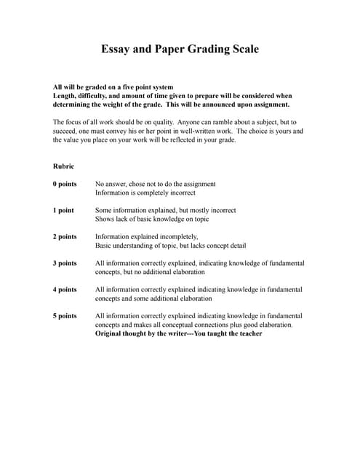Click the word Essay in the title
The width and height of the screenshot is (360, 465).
(116, 50)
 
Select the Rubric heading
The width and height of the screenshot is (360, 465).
(64, 166)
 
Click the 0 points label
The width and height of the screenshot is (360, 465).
(65, 184)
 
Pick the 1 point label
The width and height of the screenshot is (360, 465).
(63, 210)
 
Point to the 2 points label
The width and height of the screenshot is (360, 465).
(65, 236)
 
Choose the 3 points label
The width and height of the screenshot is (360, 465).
(65, 263)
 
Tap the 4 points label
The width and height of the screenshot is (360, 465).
(65, 289)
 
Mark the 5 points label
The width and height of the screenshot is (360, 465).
(65, 316)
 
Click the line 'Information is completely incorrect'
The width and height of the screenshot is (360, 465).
(145, 193)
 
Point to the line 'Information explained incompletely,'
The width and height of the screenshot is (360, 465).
(146, 236)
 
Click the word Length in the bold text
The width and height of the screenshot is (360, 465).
(65, 95)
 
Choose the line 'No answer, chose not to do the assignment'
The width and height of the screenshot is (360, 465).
(156, 184)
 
